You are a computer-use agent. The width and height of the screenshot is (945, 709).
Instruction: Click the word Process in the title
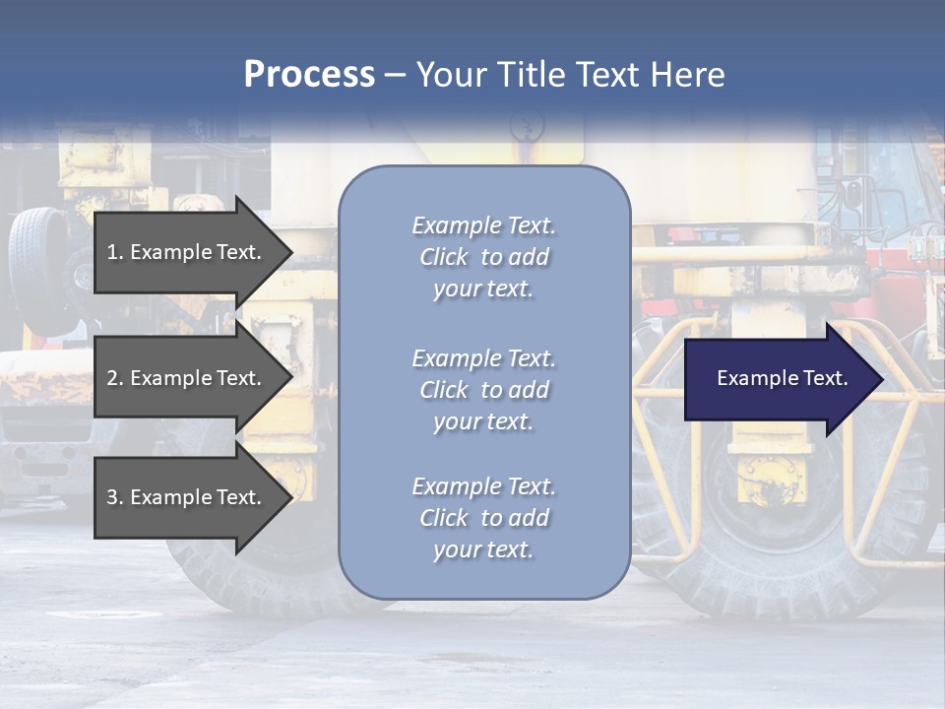310,75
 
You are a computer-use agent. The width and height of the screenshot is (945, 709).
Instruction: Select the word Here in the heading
687,75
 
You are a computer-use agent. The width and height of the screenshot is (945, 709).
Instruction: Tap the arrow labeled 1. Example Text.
194,252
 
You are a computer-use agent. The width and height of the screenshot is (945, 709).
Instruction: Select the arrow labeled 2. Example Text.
194,377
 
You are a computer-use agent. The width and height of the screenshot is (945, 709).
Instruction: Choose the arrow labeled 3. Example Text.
194,496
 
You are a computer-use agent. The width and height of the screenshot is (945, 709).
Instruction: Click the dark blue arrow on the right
785,378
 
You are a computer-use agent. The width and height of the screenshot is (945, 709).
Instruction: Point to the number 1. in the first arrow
115,252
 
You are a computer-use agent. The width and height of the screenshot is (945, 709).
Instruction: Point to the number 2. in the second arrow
115,378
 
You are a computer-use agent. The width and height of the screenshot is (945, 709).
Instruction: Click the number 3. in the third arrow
115,497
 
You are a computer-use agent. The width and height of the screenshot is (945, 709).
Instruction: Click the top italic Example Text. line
484,226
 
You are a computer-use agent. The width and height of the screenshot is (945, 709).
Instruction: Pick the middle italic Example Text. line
484,358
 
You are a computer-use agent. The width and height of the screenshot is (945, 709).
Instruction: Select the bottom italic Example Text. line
484,486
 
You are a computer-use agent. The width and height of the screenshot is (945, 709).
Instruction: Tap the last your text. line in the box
483,549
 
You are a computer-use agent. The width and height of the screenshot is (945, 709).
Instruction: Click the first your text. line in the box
483,289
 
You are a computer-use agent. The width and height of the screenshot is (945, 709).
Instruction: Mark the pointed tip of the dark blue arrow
884,378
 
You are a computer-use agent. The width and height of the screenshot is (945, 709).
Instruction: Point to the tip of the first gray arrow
292,252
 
